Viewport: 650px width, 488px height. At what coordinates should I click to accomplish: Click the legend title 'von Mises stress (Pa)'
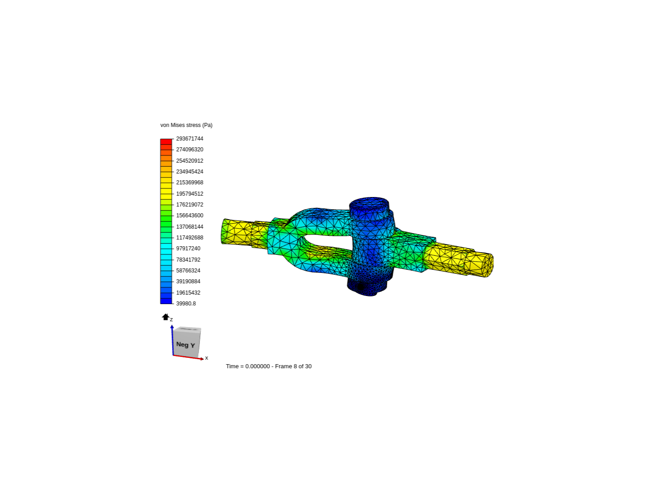tap(186, 125)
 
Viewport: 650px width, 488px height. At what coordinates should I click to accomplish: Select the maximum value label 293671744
tap(190, 139)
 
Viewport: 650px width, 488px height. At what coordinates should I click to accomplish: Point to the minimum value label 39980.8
tap(186, 304)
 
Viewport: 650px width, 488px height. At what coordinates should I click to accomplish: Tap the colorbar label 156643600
tap(190, 216)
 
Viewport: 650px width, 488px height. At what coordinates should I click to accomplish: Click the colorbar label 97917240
tap(188, 249)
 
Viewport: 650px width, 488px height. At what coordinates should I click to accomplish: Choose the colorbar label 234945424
tap(190, 172)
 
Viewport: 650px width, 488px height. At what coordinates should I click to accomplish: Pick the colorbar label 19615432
tap(188, 293)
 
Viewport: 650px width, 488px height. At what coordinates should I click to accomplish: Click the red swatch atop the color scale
tap(166, 141)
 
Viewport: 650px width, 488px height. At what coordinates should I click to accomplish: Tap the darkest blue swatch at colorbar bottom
tap(166, 301)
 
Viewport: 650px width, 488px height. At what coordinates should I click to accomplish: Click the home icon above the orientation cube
tap(165, 317)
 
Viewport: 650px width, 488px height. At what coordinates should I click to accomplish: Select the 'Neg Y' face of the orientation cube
tap(186, 344)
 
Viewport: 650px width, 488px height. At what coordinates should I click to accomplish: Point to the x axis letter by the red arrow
tap(207, 358)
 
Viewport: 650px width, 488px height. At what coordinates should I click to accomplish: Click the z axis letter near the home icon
tap(172, 319)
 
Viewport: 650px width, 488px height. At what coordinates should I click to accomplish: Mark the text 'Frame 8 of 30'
tap(293, 366)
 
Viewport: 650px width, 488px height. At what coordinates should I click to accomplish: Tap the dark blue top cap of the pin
tap(369, 206)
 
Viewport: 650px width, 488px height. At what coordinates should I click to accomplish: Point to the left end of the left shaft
tap(224, 231)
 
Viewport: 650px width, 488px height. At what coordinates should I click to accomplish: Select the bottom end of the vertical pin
tap(368, 289)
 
